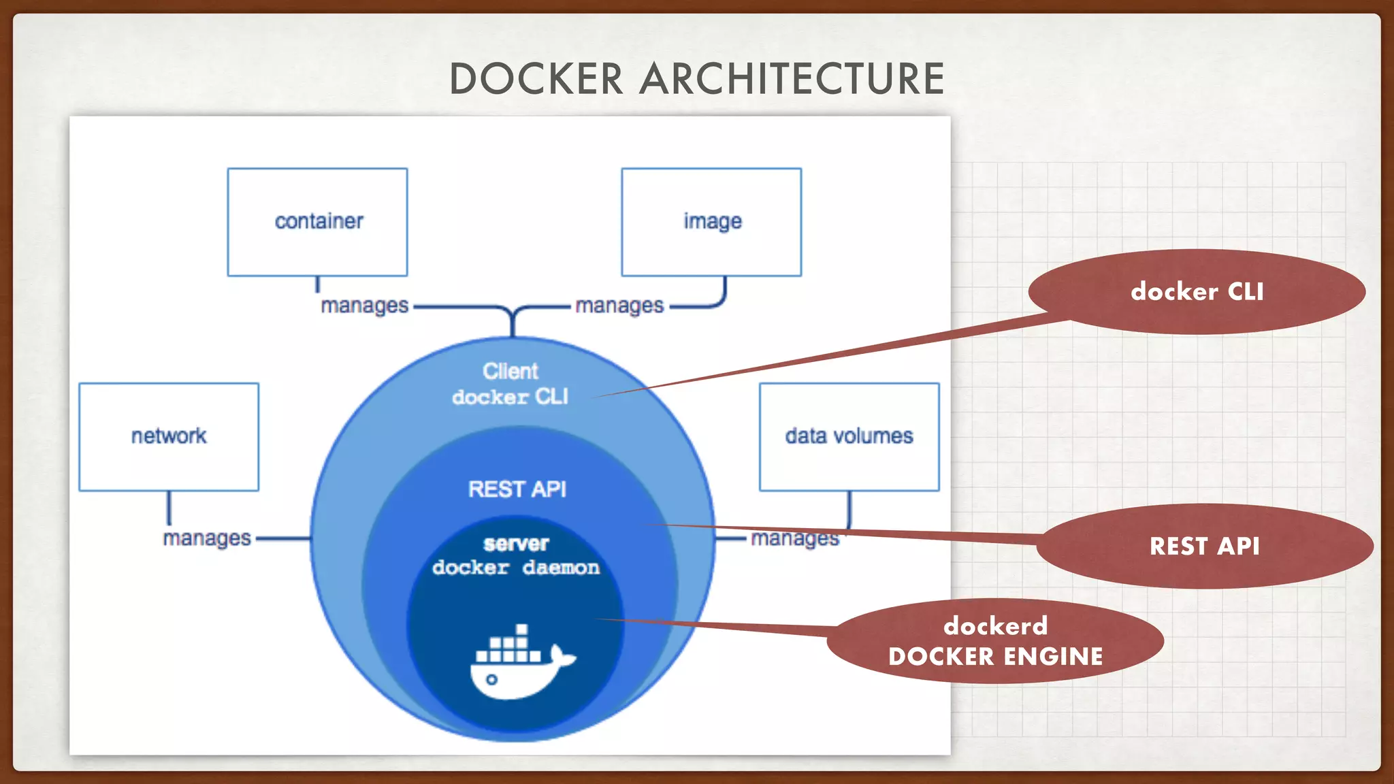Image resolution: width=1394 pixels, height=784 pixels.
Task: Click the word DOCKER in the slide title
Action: pyautogui.click(x=536, y=79)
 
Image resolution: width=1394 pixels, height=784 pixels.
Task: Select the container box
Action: pyautogui.click(x=317, y=222)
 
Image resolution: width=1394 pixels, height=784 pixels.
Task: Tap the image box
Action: pyautogui.click(x=711, y=222)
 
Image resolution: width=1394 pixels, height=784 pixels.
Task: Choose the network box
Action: pyautogui.click(x=169, y=436)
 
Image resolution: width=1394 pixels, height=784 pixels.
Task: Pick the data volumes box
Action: pyautogui.click(x=849, y=436)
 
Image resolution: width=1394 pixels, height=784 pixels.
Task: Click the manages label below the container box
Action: pyautogui.click(x=364, y=306)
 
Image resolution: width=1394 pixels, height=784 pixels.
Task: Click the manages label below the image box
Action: pyautogui.click(x=619, y=306)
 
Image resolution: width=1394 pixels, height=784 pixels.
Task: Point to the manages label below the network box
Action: pyautogui.click(x=207, y=538)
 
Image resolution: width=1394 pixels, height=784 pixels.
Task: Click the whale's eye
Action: pyautogui.click(x=491, y=679)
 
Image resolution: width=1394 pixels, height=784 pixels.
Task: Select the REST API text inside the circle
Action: pyautogui.click(x=517, y=489)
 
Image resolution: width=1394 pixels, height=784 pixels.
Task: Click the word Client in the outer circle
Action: pyautogui.click(x=510, y=371)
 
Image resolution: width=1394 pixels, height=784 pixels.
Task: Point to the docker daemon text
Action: pyautogui.click(x=516, y=568)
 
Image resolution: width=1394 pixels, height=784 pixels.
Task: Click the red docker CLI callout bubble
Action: pyautogui.click(x=1197, y=291)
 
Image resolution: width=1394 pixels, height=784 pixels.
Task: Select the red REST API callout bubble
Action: pyautogui.click(x=1204, y=546)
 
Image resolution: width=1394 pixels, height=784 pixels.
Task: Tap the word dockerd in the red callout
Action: pyautogui.click(x=995, y=625)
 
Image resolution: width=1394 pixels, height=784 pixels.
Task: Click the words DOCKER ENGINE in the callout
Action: pyautogui.click(x=995, y=657)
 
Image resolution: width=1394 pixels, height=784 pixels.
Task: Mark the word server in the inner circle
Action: pyautogui.click(x=516, y=544)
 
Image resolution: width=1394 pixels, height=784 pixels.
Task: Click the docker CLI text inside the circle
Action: pyautogui.click(x=510, y=397)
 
